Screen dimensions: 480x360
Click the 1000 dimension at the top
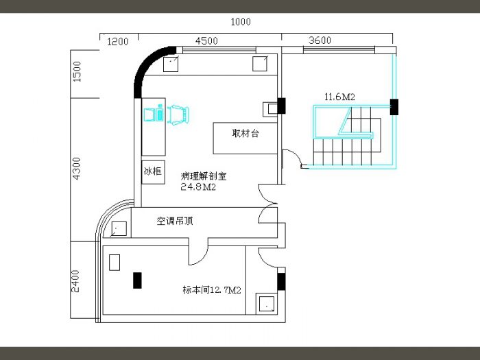(x=241, y=22)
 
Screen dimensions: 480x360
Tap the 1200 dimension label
(x=118, y=41)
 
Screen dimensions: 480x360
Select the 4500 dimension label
(x=206, y=40)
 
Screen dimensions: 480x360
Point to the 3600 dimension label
(x=320, y=40)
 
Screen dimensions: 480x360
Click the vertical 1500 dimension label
(x=77, y=71)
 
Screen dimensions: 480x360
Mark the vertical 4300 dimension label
(x=76, y=169)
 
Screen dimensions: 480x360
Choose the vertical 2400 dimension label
(x=75, y=281)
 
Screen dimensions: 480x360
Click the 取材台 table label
(x=245, y=133)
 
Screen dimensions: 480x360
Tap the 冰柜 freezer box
(x=153, y=172)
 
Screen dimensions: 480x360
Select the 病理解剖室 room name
(x=204, y=176)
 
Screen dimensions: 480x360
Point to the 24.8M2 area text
(x=198, y=187)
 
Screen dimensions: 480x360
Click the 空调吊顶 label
(x=175, y=221)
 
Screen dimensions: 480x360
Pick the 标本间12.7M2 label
(x=212, y=289)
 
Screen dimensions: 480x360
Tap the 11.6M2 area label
(x=340, y=97)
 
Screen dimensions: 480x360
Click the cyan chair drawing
(x=178, y=115)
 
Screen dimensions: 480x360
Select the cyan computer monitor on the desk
(x=149, y=115)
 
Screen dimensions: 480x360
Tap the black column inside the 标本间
(x=137, y=280)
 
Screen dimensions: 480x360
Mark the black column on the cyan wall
(x=394, y=107)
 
